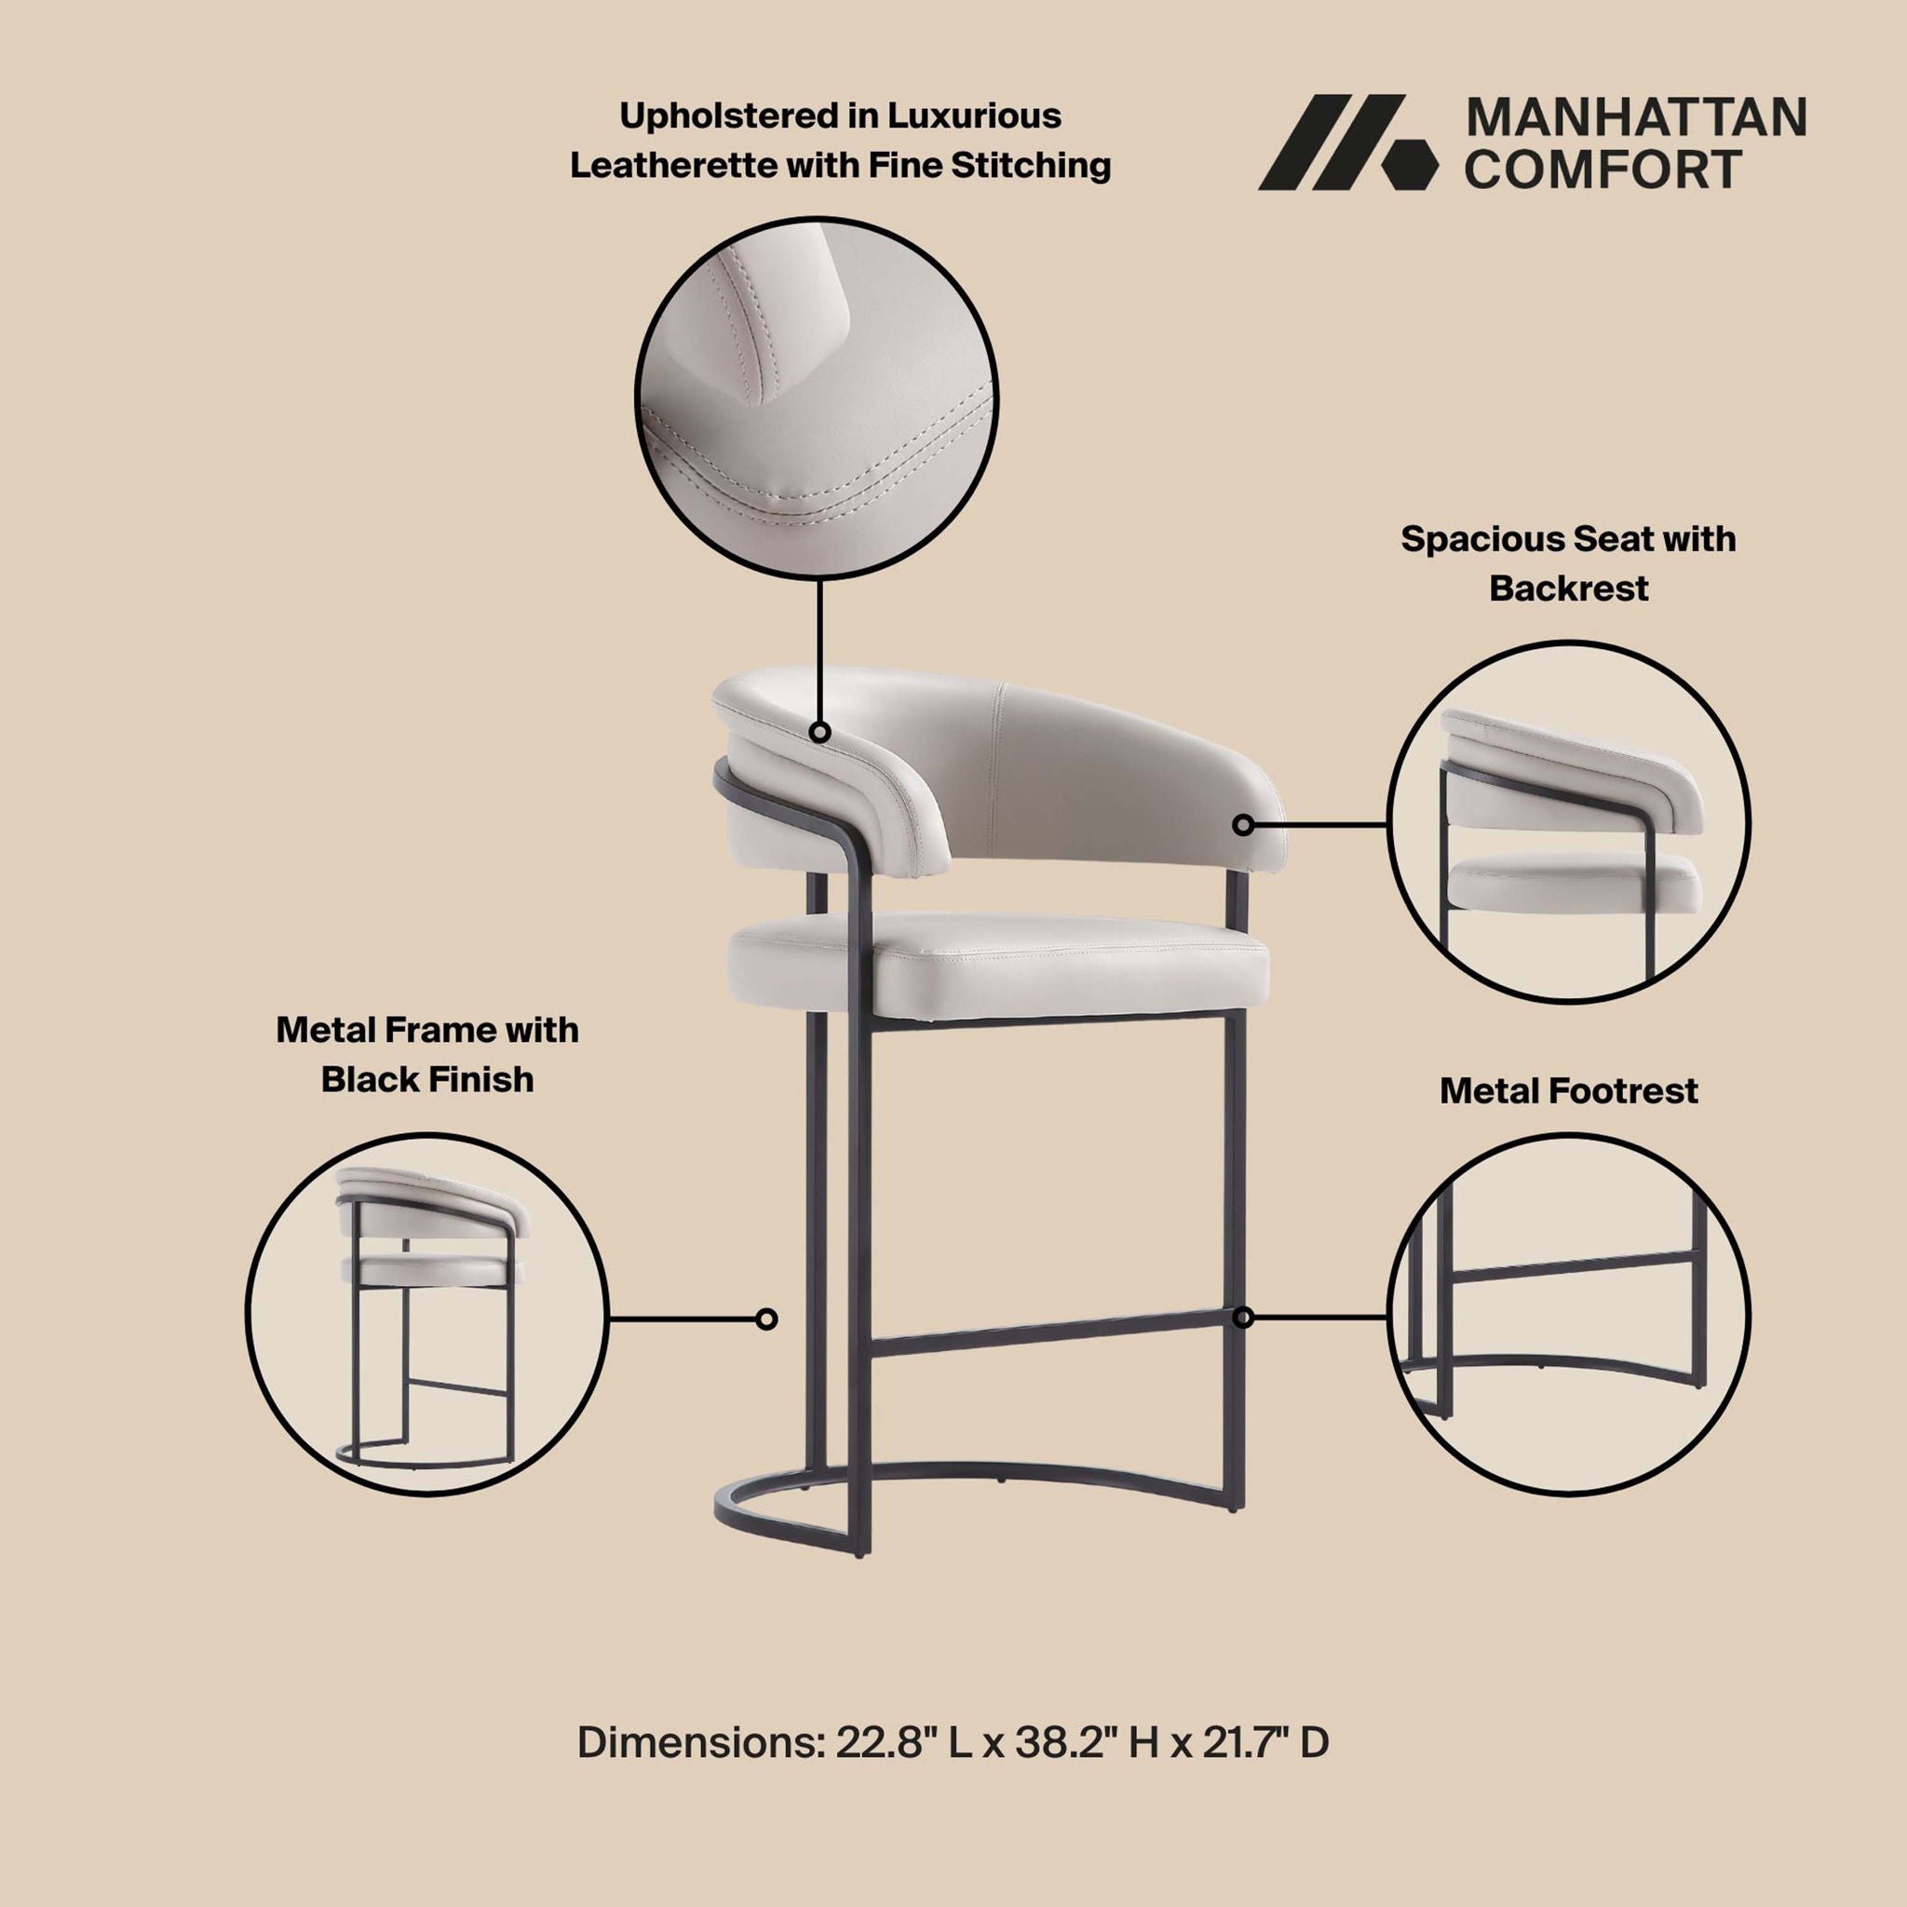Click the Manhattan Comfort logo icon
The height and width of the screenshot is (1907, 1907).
click(1347, 142)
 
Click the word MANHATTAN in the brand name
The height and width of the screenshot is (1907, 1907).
click(1635, 117)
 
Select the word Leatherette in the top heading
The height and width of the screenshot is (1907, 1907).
click(673, 165)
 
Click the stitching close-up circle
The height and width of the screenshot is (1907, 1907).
click(817, 397)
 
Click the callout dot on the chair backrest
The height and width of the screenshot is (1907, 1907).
click(1244, 824)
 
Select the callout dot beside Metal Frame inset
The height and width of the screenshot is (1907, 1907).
click(766, 1319)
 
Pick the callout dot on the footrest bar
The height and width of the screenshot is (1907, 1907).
click(1244, 1318)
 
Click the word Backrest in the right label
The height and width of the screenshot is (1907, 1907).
click(1568, 588)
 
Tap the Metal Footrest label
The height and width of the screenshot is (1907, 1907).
click(1568, 1090)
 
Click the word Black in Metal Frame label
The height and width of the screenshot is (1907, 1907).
click(374, 1080)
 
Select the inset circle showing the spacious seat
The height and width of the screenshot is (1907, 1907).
click(1568, 822)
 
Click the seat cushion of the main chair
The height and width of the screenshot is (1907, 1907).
click(997, 963)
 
